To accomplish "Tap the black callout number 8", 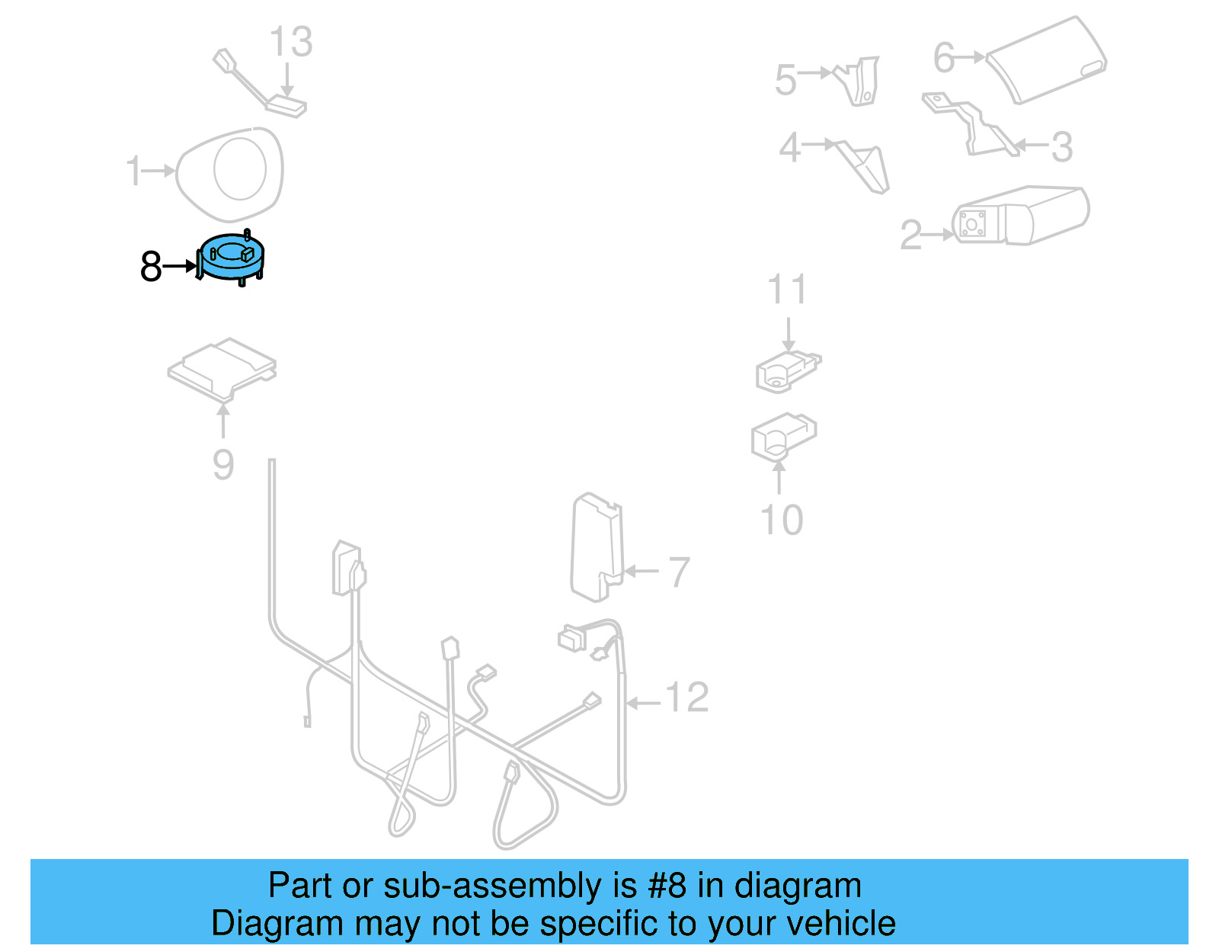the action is point(151,266).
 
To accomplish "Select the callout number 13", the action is point(290,41).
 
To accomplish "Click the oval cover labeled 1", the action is point(229,174).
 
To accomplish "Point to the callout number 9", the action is point(222,465).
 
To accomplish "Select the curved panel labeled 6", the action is point(1046,60).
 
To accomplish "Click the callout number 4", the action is point(790,148).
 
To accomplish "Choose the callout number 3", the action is point(1062,148).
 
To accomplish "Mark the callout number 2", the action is point(911,235).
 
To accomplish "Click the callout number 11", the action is point(787,289).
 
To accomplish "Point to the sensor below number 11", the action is point(789,370).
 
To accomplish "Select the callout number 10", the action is point(782,520).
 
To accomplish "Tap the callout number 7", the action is point(680,572).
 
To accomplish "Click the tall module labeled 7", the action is point(597,547).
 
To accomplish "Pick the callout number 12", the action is point(687,697).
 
